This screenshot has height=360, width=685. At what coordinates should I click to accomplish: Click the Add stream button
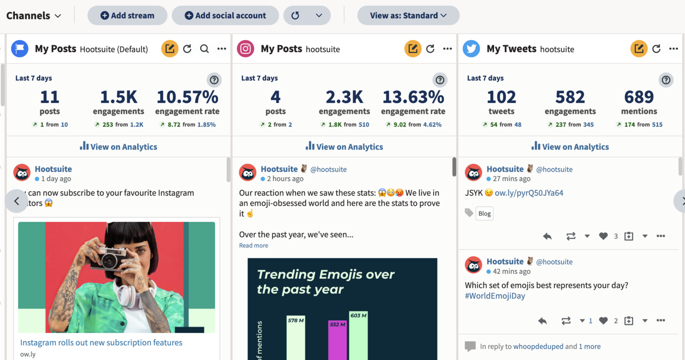[x=127, y=16]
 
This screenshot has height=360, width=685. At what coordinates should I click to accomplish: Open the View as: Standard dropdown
[x=408, y=16]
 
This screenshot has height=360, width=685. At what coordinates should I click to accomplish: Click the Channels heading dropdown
[x=33, y=16]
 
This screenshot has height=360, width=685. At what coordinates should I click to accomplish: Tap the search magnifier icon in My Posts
[x=204, y=49]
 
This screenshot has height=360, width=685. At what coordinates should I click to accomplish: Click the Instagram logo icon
[x=245, y=49]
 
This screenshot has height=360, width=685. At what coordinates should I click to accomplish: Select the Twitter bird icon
[x=471, y=49]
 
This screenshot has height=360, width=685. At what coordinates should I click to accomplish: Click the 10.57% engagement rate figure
[x=187, y=97]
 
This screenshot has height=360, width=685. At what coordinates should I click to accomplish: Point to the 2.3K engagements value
[x=344, y=97]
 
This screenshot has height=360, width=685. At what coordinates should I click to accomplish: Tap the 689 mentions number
[x=639, y=97]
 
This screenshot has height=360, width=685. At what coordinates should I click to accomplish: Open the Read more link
[x=253, y=245]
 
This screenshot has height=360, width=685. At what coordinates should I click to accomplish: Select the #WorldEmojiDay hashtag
[x=495, y=296]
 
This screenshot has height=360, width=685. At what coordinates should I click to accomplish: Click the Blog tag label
[x=484, y=214]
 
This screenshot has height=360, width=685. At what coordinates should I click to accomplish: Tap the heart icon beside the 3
[x=603, y=236]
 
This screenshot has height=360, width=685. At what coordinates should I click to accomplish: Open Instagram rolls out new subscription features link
[x=101, y=343]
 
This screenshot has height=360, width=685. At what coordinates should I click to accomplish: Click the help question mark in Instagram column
[x=440, y=80]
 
